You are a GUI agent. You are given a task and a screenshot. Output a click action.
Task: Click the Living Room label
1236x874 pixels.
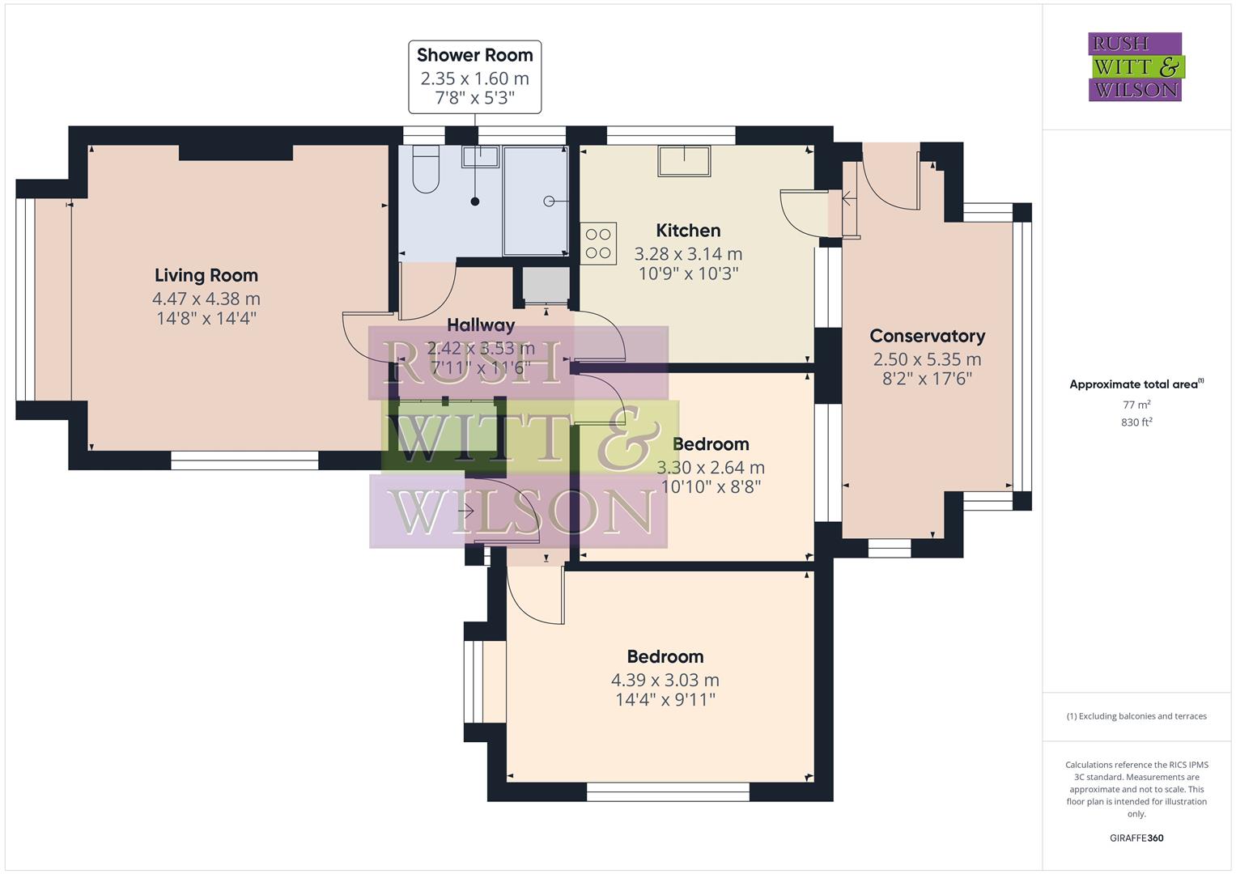coord(206,276)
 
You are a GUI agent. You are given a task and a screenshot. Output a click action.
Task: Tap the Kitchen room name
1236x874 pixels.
coord(688,231)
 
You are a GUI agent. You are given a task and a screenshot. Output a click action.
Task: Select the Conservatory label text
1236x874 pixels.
coord(927,336)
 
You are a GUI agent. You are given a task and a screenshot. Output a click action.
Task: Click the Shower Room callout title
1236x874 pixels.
coord(474,56)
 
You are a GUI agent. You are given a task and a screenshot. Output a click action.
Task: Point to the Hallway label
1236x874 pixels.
coord(481,325)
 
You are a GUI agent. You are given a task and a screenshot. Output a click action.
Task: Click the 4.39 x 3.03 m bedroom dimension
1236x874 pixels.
coord(665,681)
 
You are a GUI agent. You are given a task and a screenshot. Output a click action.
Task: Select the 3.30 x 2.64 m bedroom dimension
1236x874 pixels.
coord(710,468)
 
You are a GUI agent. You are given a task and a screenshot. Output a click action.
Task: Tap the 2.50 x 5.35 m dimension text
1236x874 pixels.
coord(927,359)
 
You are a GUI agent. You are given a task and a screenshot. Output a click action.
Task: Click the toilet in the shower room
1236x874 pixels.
coord(425,170)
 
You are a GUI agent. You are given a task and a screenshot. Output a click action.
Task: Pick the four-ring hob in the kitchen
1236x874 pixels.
coord(598,243)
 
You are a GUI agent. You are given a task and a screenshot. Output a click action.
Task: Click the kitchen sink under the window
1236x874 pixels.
coord(684,160)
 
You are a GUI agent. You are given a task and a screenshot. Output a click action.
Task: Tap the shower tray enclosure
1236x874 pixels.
coord(535,201)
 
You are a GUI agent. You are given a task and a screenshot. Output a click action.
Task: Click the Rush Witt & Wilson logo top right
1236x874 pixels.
coord(1135,67)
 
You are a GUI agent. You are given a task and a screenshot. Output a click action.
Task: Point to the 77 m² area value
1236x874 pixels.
coord(1136,404)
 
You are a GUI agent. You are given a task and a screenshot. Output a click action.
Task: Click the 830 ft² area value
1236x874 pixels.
coord(1136,422)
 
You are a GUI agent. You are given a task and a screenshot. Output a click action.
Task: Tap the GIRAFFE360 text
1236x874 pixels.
coord(1136,838)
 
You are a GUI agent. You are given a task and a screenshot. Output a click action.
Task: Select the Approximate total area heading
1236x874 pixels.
coord(1136,384)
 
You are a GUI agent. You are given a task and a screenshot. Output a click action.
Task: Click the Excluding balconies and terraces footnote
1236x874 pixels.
coord(1136,716)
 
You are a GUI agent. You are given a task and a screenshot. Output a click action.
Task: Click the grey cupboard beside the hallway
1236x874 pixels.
coord(544,285)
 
